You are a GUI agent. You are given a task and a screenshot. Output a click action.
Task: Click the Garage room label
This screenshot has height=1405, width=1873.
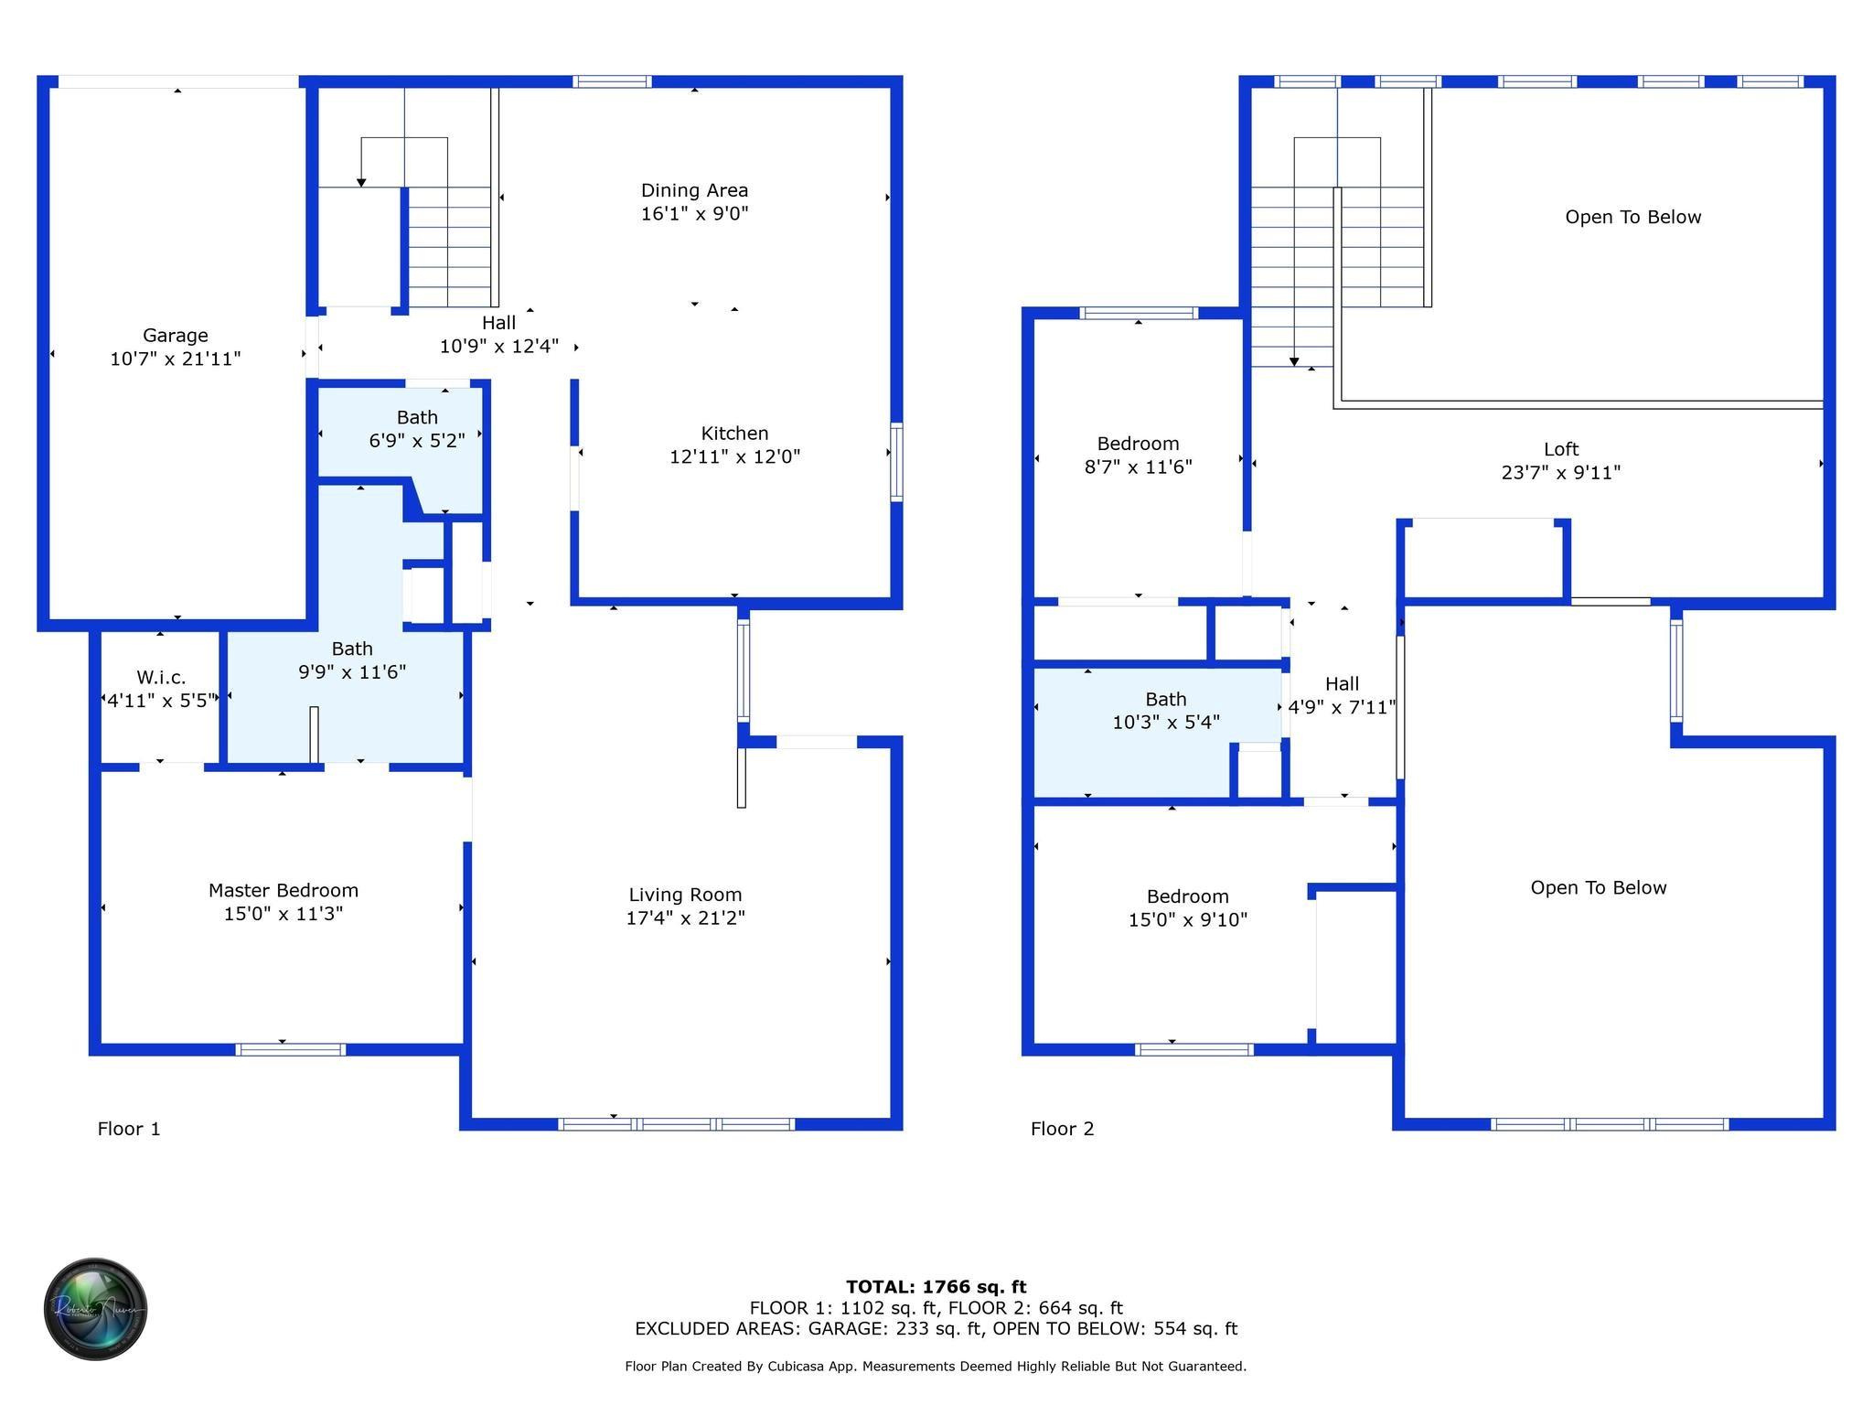[x=175, y=336]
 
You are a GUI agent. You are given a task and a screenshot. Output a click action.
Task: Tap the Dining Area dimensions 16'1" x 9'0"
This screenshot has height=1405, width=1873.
[x=695, y=214]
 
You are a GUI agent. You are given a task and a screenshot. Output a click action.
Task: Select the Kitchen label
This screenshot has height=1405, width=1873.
[x=734, y=434]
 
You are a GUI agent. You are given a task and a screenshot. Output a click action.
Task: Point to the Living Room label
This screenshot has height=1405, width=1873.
[x=685, y=895]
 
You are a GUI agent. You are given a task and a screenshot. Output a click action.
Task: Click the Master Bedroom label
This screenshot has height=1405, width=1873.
[x=284, y=890]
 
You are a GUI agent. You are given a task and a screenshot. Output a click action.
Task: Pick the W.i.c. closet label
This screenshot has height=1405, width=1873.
[x=161, y=678]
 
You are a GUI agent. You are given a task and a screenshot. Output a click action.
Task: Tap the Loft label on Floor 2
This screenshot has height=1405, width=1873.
[x=1561, y=449]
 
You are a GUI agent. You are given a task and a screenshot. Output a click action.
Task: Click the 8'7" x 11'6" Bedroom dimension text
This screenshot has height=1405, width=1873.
[x=1138, y=467]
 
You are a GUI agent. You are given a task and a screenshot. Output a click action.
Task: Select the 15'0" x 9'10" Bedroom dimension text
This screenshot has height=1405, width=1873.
[x=1188, y=920]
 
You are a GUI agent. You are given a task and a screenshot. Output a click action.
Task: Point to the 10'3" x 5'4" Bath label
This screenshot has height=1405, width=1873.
[x=1166, y=699]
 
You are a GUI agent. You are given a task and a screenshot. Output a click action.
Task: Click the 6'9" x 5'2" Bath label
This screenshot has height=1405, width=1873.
[x=417, y=417]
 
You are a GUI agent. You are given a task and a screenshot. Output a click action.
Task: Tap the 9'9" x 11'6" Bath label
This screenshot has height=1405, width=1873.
[x=352, y=649]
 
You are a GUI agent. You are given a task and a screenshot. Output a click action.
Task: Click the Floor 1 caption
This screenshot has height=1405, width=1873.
[x=129, y=1129]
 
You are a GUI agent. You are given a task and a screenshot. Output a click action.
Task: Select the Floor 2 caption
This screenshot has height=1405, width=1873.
[x=1062, y=1129]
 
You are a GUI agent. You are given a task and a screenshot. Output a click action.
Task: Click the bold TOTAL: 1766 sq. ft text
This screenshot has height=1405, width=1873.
[x=936, y=1287]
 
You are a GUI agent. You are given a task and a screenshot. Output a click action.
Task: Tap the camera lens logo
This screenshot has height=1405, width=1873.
[x=95, y=1309]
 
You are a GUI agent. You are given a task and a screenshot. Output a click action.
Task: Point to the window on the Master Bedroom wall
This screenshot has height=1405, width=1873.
[x=291, y=1049]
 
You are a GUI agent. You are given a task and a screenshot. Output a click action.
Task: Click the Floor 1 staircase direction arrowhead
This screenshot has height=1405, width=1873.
[x=361, y=183]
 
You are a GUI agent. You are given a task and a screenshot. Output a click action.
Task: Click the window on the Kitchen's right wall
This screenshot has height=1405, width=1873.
[x=897, y=462]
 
